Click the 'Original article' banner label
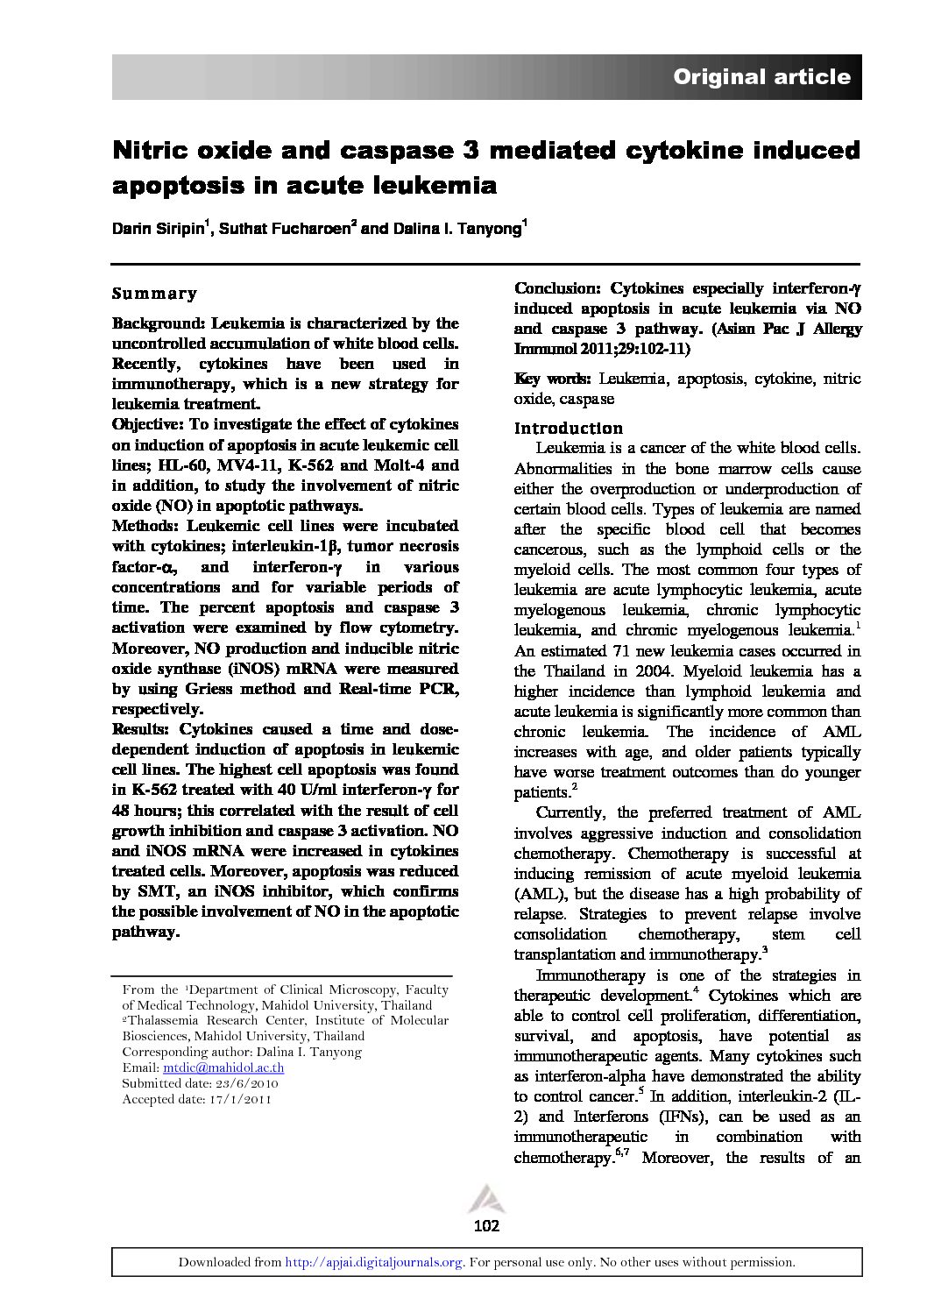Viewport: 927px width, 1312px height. pos(761,77)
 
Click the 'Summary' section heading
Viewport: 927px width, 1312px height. pos(154,294)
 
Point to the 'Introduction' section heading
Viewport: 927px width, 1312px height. pos(568,429)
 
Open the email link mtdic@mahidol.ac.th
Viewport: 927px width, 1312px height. pos(223,1068)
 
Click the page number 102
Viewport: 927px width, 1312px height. pos(485,1225)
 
